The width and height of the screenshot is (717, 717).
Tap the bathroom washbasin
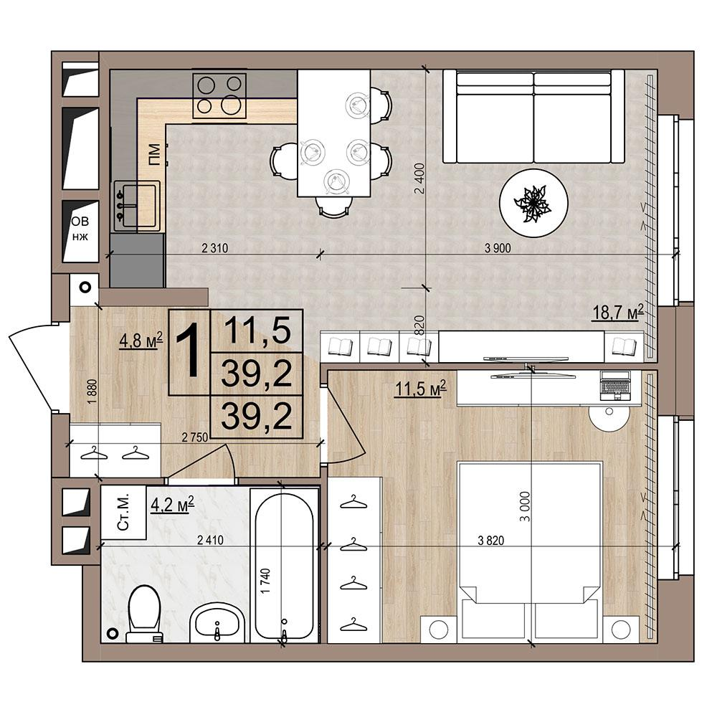coord(217,623)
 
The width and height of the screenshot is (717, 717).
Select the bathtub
coord(285,566)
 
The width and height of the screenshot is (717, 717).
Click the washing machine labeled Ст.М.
coord(123,512)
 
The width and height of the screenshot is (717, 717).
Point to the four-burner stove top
coord(219,95)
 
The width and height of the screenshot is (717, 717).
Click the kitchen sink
coord(136,205)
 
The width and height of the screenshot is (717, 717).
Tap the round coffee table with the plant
coord(533,203)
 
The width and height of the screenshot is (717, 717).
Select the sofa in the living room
coord(533,116)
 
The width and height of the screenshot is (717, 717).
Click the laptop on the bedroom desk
coord(615,386)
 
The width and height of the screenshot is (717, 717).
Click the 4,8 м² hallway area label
coord(141,340)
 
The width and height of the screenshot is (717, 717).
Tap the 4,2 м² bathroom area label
coord(172,505)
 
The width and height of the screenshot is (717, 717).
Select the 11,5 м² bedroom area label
coord(420,389)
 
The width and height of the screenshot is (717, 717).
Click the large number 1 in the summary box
coord(189,351)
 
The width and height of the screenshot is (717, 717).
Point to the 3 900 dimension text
coord(498,248)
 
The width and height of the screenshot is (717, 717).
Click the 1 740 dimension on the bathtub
coord(265,581)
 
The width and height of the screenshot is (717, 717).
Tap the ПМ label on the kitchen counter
coord(154,154)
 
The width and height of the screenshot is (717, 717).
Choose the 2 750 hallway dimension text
coord(195,437)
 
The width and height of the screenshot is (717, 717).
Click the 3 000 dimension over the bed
coord(525,506)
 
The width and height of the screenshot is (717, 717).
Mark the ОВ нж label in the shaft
coord(80,229)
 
